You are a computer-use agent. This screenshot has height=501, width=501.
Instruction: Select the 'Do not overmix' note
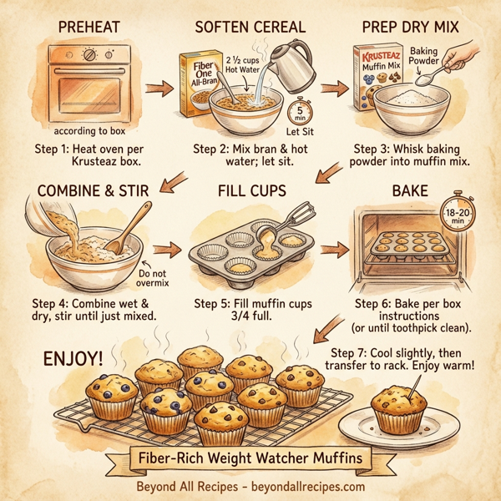point(153,278)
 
